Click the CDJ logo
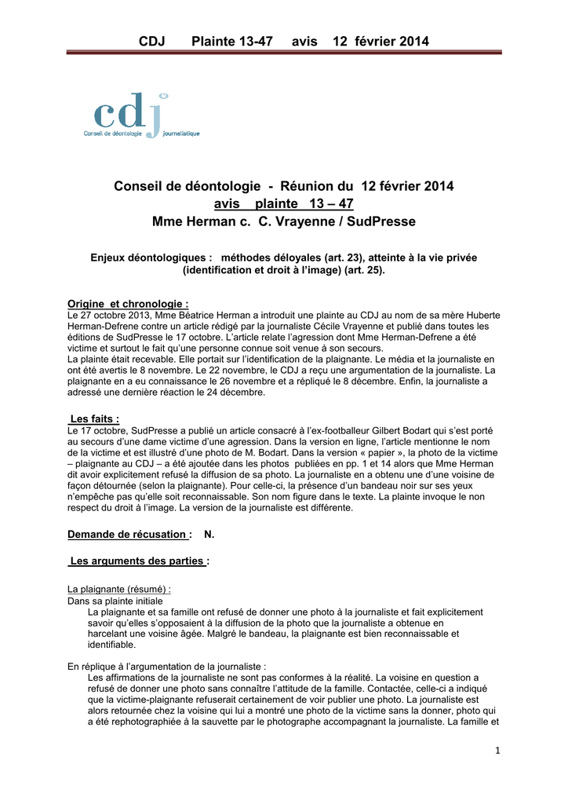141,116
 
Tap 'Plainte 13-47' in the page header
232,41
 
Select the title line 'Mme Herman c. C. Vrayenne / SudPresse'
283,222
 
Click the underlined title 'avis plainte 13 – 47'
283,204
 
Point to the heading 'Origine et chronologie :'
128,304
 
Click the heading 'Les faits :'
95,419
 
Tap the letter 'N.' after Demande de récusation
209,534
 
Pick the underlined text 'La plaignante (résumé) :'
119,588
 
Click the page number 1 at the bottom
497,750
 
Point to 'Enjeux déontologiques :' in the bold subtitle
152,257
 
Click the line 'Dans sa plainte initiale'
115,600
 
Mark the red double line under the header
283,53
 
